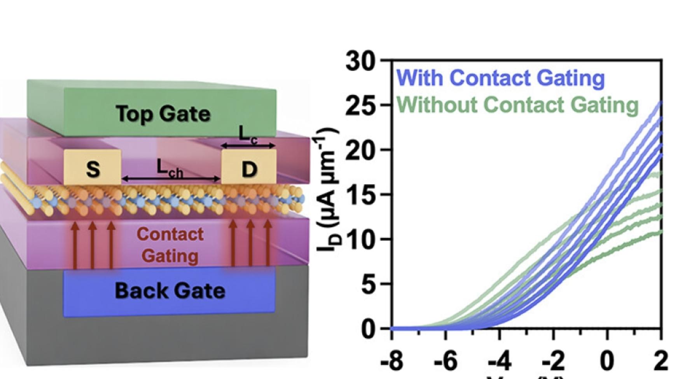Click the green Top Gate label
click(x=163, y=114)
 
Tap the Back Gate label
click(x=170, y=291)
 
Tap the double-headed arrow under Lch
click(x=171, y=179)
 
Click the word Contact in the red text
click(x=170, y=234)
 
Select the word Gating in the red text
click(x=170, y=256)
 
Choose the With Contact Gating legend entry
click(x=500, y=78)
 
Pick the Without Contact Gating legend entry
click(x=517, y=105)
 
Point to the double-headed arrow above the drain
click(x=248, y=146)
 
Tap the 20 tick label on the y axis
click(x=360, y=150)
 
